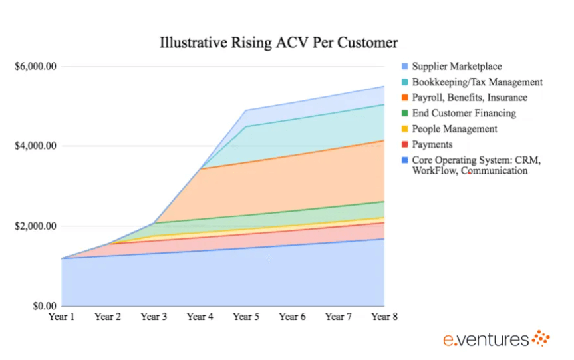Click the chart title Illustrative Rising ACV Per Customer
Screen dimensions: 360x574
279,43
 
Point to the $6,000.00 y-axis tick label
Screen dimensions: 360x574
35,67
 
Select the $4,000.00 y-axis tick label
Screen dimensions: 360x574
35,146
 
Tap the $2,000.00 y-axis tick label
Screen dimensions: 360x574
35,226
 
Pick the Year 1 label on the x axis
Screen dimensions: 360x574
62,317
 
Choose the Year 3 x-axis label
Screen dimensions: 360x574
154,317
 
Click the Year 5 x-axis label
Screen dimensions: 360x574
246,317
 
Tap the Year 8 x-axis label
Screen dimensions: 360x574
384,317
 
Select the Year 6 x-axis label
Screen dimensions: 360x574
292,317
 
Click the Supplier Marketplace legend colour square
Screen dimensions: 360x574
404,67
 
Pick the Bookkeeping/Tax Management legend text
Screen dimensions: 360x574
477,83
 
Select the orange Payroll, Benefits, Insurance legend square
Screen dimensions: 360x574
404,98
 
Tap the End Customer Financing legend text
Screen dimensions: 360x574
463,114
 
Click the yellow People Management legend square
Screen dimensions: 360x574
404,129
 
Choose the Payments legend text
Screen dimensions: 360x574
432,144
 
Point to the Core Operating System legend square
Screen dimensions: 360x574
404,160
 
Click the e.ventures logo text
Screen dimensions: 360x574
487,340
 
